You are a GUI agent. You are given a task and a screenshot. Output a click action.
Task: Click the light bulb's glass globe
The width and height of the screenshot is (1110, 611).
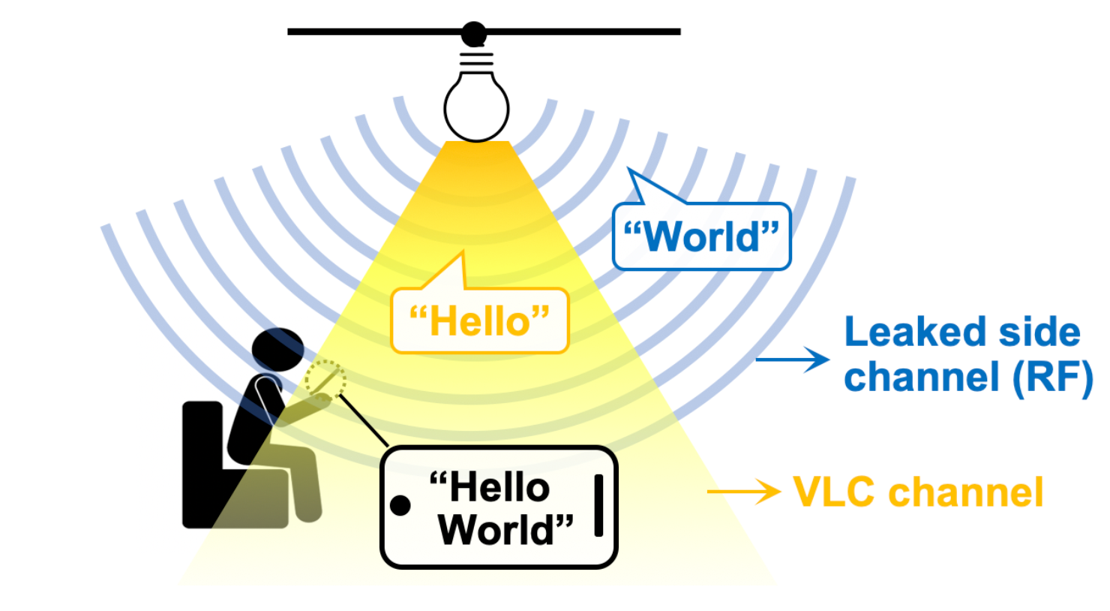coord(476,107)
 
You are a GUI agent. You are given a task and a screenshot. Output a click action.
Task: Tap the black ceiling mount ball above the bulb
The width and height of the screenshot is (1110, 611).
coord(474,34)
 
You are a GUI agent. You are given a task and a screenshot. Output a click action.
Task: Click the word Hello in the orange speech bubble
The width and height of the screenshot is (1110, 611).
coord(480,322)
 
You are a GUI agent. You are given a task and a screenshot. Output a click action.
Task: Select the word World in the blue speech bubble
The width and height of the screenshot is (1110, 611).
coord(702,237)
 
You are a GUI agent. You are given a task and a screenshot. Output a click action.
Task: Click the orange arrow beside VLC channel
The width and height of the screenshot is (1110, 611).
coord(743,492)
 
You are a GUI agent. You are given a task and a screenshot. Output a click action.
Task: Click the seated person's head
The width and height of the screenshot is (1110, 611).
coord(277,350)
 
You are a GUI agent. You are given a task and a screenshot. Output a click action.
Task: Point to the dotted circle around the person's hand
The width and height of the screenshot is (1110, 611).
coord(325,379)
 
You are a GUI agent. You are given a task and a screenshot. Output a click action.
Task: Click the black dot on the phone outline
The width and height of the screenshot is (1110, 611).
coord(400,505)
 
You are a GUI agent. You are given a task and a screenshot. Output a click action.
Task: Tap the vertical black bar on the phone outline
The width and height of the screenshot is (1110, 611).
coord(598,505)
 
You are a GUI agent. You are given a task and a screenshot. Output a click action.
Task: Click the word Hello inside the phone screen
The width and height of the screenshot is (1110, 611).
coord(499,488)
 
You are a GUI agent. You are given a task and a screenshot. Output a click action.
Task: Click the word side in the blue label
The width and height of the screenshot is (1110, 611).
coord(1038,332)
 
